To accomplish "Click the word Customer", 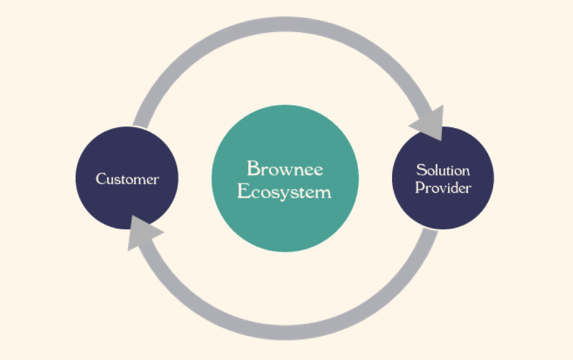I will point(127,179).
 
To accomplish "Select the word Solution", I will point(443,170).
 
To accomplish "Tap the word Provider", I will point(443,188).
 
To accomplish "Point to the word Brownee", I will point(285,168).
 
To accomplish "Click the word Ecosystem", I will point(284,192).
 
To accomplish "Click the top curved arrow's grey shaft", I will point(285,24).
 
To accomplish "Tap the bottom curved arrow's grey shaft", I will point(285,332).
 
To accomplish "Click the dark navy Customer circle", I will point(127,205).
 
